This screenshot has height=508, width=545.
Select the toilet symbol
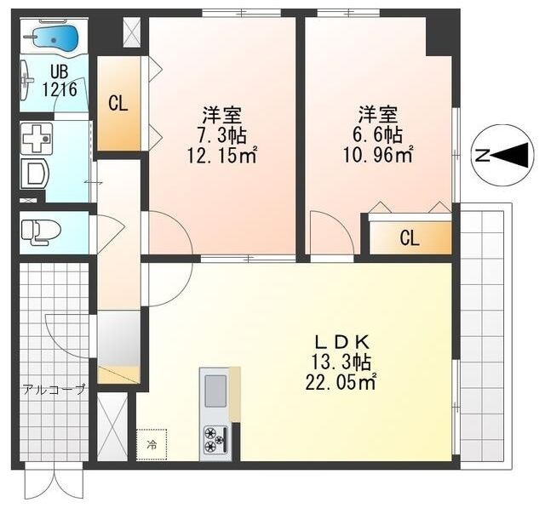40,231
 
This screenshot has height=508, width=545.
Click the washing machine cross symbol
37,139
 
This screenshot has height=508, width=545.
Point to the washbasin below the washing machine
35,174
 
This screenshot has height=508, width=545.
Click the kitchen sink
216,391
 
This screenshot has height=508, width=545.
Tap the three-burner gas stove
215,440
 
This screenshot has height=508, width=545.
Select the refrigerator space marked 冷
152,445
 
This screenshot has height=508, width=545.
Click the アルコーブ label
54,390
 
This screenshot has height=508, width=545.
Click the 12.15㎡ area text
222,155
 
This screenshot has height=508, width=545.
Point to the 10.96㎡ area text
378,155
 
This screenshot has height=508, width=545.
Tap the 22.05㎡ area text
341,383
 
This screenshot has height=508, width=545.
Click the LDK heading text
341,343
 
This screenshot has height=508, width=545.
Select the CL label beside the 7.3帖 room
118,103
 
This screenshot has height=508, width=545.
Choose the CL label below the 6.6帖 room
410,238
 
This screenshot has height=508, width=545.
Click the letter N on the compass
483,156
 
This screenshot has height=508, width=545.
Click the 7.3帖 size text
222,135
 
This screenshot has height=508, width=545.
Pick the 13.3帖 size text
341,362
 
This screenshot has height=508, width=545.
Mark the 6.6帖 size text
378,135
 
